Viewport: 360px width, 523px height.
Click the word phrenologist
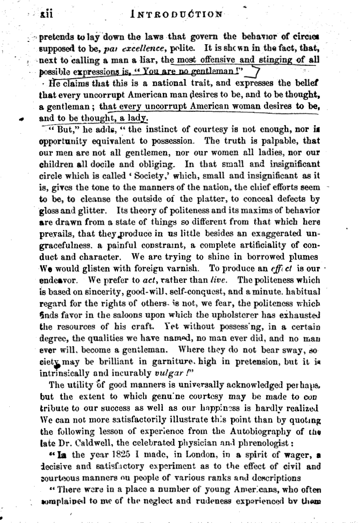(241, 436)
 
